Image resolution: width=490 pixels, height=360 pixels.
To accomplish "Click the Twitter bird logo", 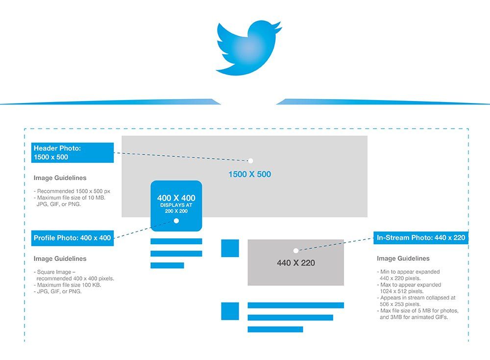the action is point(248,48).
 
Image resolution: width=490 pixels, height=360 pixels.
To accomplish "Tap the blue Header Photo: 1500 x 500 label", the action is point(73,153).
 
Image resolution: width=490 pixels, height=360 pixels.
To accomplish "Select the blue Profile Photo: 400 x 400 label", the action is point(73,238).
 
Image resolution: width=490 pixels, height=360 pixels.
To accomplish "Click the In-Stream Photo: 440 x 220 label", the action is point(420,238).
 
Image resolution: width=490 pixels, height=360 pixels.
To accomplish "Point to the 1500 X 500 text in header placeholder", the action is point(250,174).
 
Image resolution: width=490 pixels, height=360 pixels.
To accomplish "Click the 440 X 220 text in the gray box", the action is point(296,263).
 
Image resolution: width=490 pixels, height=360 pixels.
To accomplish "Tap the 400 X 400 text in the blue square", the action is point(176,198).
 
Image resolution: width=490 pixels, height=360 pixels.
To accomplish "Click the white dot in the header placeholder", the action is point(250,161).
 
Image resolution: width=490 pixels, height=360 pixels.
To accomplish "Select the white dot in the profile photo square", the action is point(176,221).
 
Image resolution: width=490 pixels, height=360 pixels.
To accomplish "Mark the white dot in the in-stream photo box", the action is point(296,251).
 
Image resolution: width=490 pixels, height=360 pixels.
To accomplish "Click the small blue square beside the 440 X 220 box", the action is point(230,248).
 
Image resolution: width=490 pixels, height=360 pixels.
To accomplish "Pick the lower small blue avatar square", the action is point(230,311).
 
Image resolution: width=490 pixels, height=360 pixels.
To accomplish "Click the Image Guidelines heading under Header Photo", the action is point(60,178).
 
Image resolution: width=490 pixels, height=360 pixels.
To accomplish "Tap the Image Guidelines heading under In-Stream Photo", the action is point(403,258).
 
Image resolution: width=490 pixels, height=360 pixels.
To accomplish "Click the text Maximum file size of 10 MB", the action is point(71,198).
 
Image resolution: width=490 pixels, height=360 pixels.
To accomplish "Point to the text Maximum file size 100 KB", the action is point(69,285).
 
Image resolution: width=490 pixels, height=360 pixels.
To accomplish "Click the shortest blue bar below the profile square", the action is point(167,265).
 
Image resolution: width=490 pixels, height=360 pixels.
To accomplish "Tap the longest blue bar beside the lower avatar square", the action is point(295,305).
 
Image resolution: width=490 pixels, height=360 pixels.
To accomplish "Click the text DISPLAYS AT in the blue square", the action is point(176,205).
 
